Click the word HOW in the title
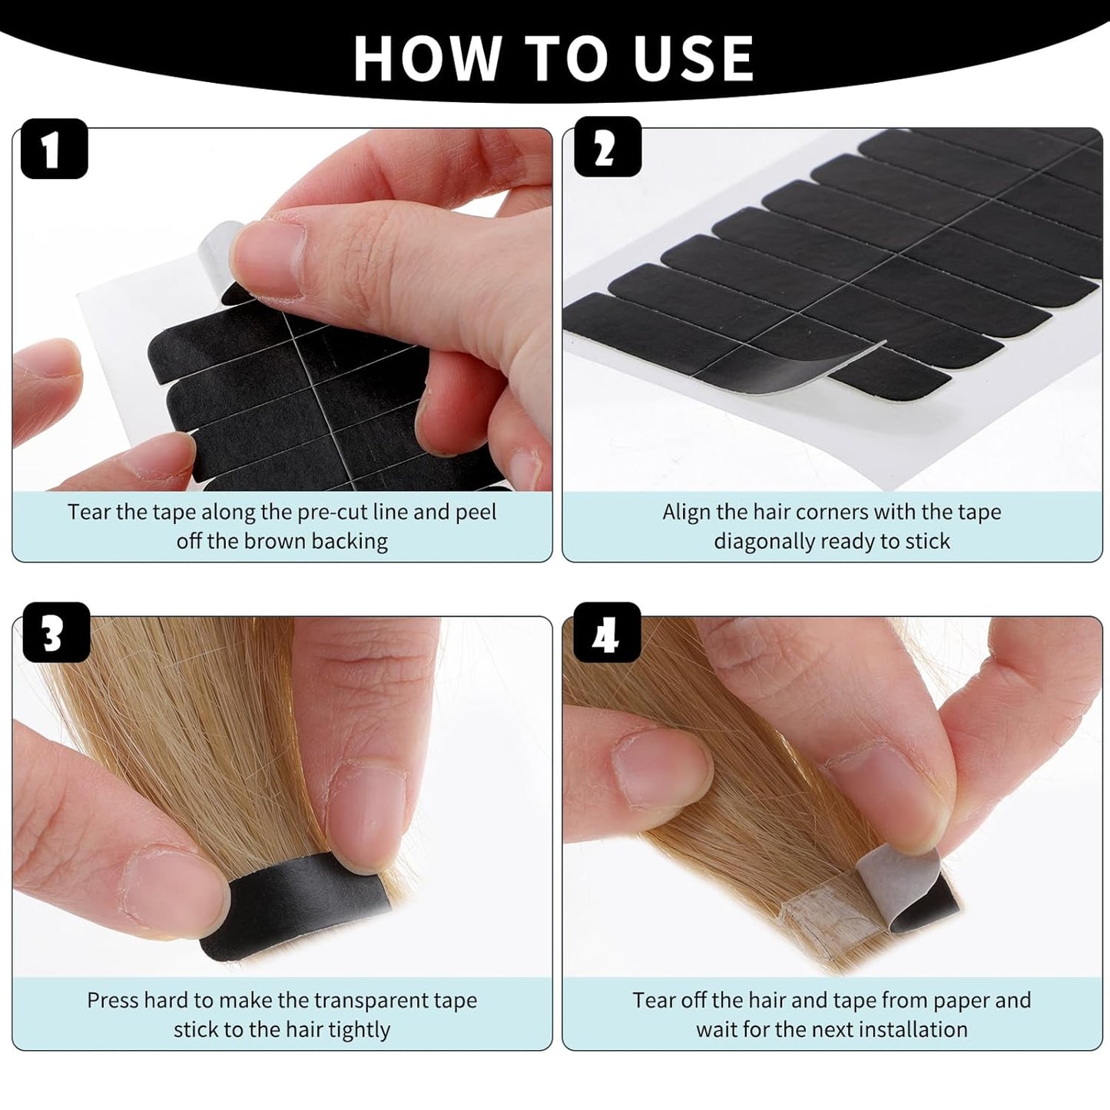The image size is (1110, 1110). tap(427, 58)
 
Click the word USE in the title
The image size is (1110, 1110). tap(694, 58)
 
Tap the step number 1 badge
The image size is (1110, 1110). tap(54, 148)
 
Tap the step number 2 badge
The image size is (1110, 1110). tap(607, 147)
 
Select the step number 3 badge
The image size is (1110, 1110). tap(56, 632)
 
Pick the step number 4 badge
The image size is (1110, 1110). tap(607, 632)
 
